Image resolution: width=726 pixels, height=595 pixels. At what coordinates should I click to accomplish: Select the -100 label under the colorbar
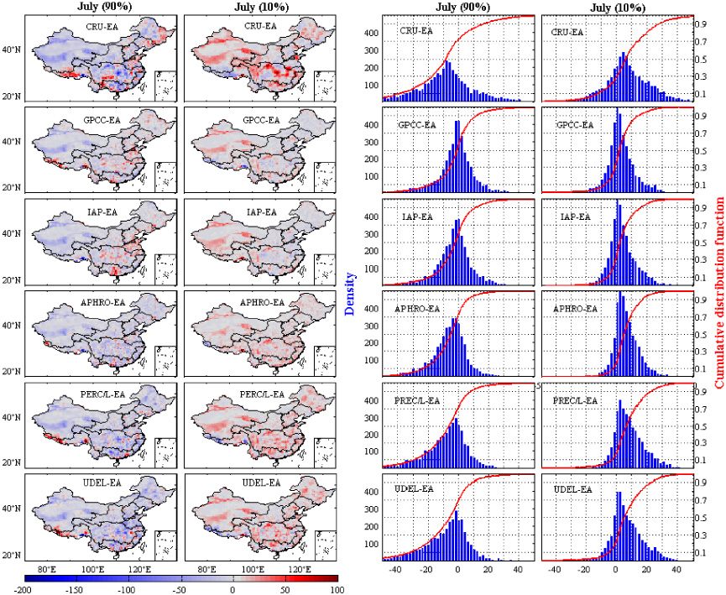pos(127,590)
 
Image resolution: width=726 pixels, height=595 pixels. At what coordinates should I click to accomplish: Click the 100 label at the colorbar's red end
pos(335,590)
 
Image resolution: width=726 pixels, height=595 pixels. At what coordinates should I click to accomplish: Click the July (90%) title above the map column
pos(103,8)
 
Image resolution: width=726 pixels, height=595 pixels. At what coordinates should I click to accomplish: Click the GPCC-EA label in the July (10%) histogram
pos(577,125)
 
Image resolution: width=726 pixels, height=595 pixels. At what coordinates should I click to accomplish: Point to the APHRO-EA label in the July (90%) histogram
pos(417,309)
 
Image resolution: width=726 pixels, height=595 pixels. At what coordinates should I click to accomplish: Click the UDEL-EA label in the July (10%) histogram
pos(575,488)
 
